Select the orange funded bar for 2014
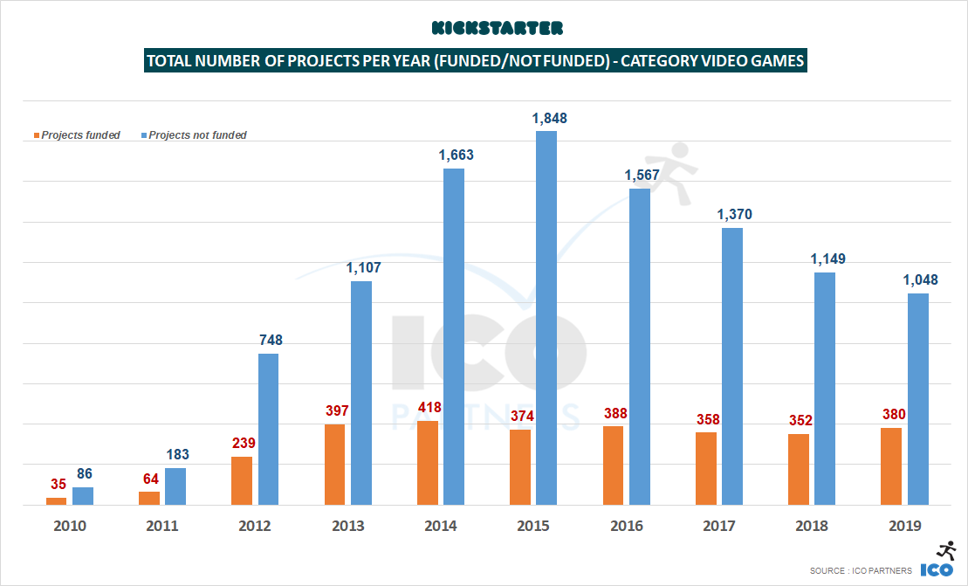click(428, 462)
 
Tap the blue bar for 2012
click(268, 429)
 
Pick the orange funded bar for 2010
click(56, 500)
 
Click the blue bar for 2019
click(917, 398)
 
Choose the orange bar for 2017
click(706, 468)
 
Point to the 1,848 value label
click(546, 118)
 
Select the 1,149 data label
click(825, 259)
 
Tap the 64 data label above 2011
click(150, 479)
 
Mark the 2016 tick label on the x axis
click(627, 526)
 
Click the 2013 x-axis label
click(348, 526)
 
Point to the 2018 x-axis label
click(812, 526)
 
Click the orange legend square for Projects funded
click(37, 135)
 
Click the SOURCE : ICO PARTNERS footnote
click(861, 570)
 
